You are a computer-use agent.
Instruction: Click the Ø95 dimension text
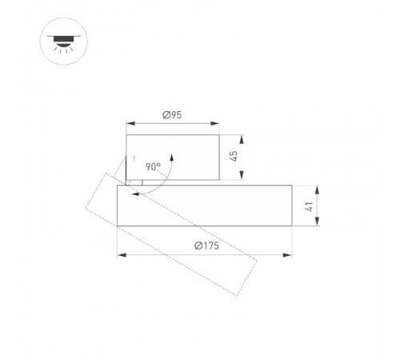(173, 115)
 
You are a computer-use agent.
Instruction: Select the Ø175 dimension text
(206, 246)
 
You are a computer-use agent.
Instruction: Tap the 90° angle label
(153, 167)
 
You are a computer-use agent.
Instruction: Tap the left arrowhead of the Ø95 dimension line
(129, 124)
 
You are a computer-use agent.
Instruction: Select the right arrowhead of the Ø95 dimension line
(218, 124)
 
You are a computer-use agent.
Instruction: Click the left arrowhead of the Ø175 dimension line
(120, 255)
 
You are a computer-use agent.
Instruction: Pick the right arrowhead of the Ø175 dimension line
(290, 255)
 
